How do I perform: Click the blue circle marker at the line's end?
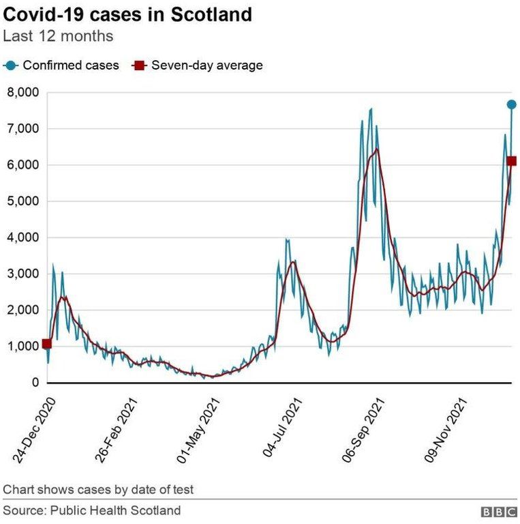pyautogui.click(x=511, y=104)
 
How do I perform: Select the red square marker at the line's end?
pyautogui.click(x=511, y=161)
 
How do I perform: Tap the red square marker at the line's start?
pyautogui.click(x=46, y=344)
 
